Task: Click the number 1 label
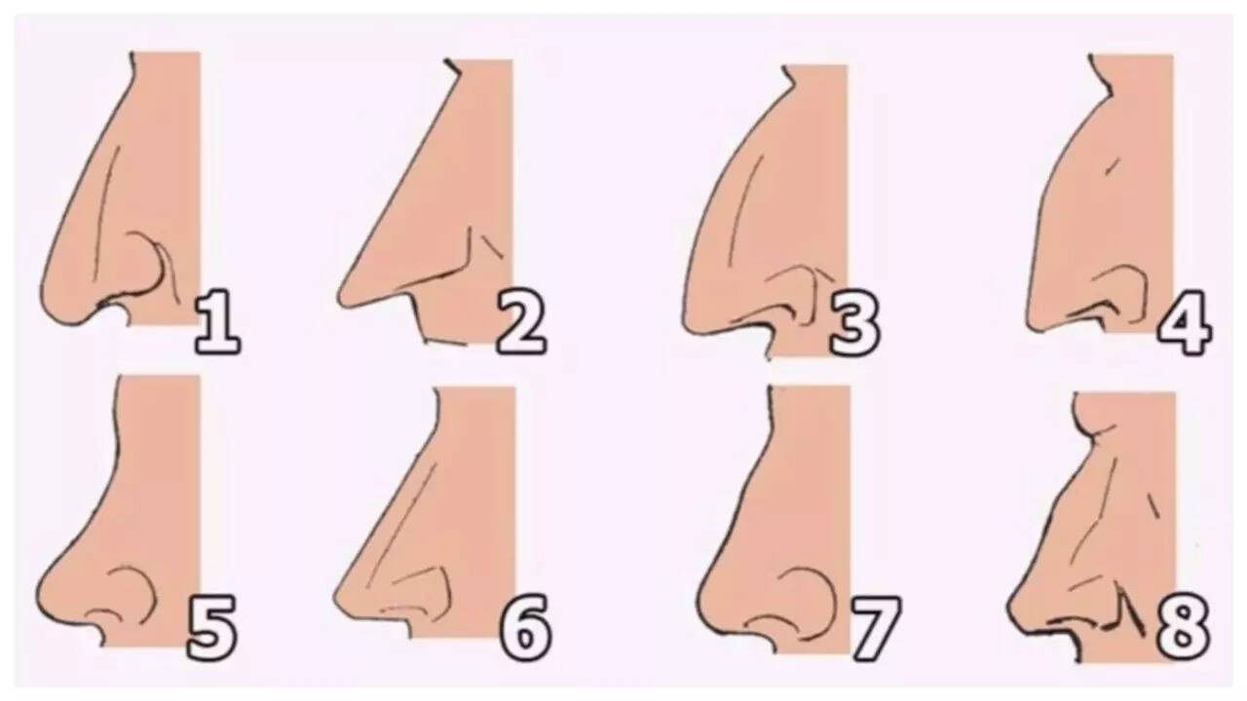217,321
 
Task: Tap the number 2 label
521,322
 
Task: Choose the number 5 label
212,628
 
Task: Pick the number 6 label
526,628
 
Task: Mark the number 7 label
875,628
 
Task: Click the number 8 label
1184,629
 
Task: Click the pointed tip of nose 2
337,298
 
